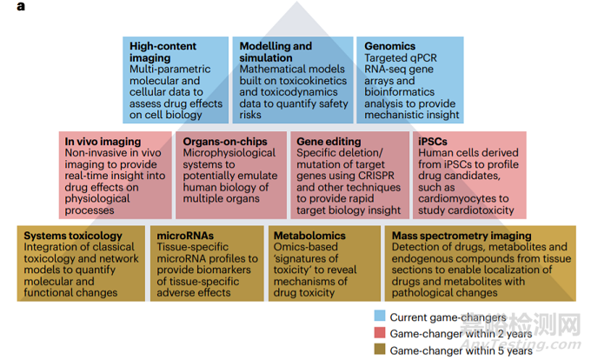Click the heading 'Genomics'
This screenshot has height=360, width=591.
point(389,46)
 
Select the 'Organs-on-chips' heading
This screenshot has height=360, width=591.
point(225,142)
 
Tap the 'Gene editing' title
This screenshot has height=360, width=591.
point(329,142)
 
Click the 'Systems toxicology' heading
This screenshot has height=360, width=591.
point(73,236)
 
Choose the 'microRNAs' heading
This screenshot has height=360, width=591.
point(185,236)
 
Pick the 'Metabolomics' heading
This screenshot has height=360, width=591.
point(309,236)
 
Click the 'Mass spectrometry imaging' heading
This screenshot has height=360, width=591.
point(462,236)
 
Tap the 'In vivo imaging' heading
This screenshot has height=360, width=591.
point(103,142)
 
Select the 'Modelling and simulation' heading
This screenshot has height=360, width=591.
point(276,51)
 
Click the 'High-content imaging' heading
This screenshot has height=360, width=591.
point(163,51)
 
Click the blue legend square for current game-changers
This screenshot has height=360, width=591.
point(380,316)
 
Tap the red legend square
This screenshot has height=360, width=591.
point(380,332)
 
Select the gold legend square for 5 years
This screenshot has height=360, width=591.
point(380,349)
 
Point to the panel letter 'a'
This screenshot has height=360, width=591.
point(21,6)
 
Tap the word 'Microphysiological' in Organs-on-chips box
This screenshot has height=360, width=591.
point(229,153)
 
